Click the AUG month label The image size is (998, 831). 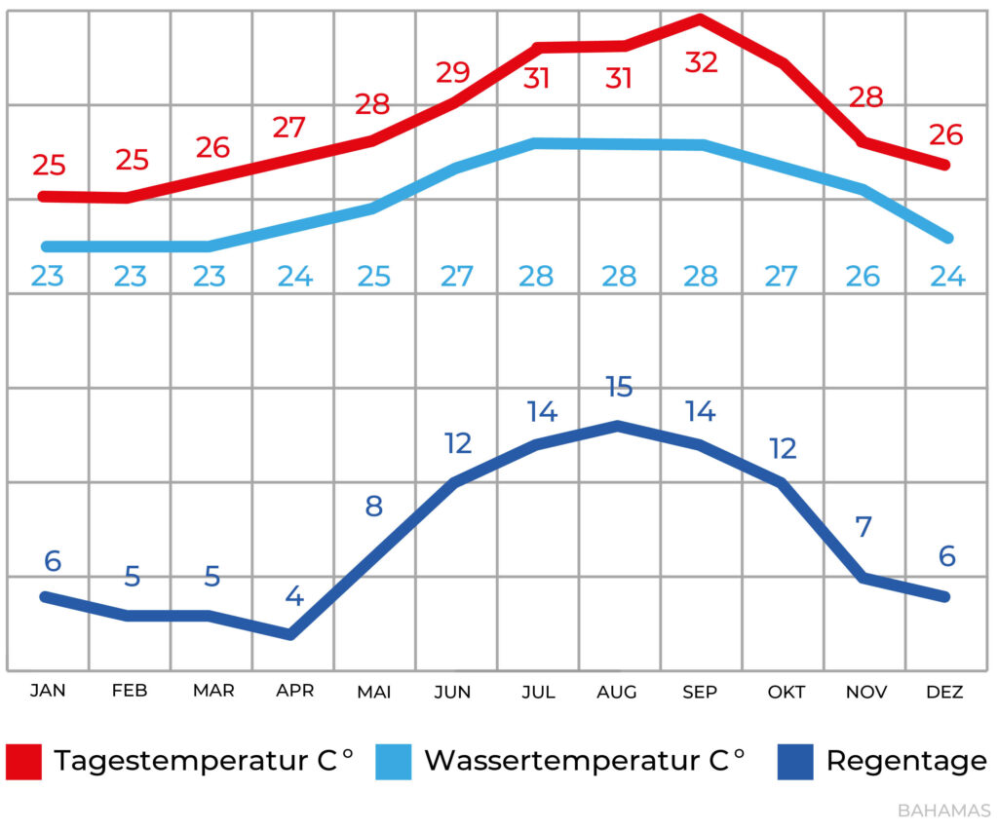pos(617,692)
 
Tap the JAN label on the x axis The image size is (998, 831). pos(48,691)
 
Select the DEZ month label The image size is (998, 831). pos(944,692)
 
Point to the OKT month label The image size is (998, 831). pos(787,692)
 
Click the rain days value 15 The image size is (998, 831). pos(618,387)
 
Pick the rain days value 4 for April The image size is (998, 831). pos(294,596)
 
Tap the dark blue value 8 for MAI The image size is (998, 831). pos(374,507)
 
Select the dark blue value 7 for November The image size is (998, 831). pos(864,527)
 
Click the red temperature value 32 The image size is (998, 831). pos(701,62)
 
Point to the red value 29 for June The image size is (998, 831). pos(453,72)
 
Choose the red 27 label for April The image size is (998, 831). pos(289,127)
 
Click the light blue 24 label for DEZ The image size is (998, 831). pos(946,277)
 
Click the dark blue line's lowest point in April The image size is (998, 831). pos(290,635)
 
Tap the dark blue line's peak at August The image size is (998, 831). pos(618,426)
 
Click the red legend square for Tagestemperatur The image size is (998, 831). pos(24,761)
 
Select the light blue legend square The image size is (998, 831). pos(395,761)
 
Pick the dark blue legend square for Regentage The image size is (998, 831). pos(795,761)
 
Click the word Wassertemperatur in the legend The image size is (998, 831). pos(563,761)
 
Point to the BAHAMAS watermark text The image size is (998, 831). pos(943,811)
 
